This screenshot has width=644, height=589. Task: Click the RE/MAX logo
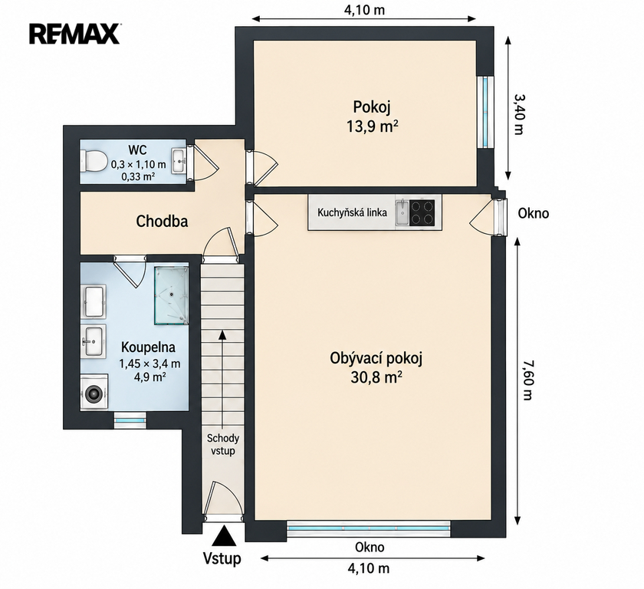click(x=74, y=34)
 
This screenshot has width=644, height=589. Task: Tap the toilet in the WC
click(x=94, y=161)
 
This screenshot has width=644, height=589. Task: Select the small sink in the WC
click(x=179, y=161)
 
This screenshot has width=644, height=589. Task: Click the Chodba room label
click(x=162, y=222)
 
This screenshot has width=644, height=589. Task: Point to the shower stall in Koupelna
click(x=171, y=296)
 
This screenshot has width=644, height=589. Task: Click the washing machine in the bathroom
click(x=94, y=391)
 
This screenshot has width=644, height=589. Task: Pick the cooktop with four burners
click(x=422, y=212)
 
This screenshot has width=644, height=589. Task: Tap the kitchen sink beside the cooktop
click(x=402, y=212)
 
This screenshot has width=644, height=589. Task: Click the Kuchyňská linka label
click(x=352, y=212)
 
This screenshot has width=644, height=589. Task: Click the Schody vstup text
click(x=222, y=444)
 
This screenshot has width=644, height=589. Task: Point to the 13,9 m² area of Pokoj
click(x=372, y=127)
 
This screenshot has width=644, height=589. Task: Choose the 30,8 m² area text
click(x=376, y=377)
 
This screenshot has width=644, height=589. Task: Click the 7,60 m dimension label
click(x=527, y=380)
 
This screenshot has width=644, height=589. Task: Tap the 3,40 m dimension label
click(x=519, y=114)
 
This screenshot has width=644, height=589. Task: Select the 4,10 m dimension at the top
click(x=364, y=9)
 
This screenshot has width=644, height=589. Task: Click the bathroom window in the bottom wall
click(x=130, y=420)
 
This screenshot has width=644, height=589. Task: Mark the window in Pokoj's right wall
click(x=486, y=111)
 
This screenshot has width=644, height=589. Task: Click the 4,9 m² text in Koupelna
click(x=150, y=377)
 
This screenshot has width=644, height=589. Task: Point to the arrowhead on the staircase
click(x=222, y=334)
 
